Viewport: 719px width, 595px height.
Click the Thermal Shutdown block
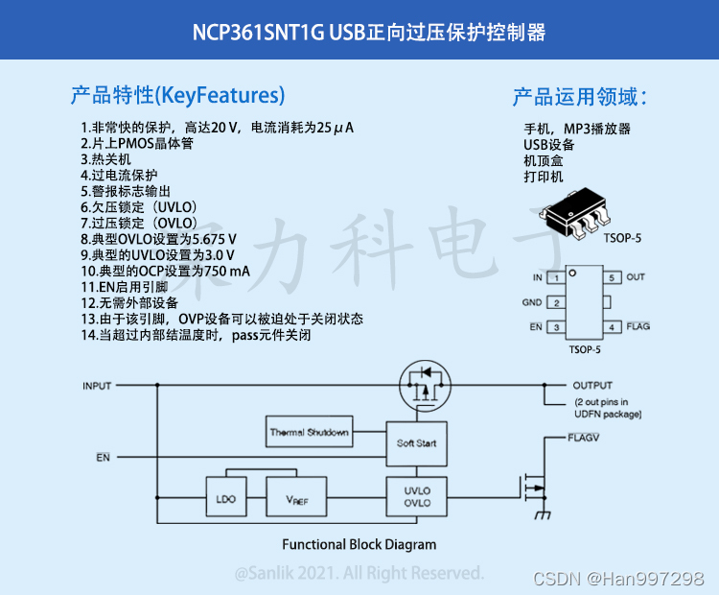(309, 432)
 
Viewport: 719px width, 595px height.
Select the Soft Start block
(416, 443)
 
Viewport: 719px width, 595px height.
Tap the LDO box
(226, 499)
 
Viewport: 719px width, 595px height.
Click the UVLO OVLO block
(417, 497)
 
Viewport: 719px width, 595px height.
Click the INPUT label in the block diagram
(97, 386)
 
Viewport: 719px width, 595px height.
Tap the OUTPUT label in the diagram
(592, 386)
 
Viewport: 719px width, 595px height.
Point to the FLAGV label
(583, 437)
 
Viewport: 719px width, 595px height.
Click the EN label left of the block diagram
(103, 457)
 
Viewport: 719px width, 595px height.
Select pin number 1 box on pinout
(555, 277)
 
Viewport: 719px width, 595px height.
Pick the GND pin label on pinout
(532, 302)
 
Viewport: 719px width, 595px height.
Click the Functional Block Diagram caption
(359, 544)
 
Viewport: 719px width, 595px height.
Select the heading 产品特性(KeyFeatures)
(177, 95)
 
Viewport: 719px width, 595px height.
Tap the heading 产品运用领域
(579, 97)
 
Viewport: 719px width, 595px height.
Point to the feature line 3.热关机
(105, 159)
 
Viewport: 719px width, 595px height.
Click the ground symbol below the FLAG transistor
(544, 515)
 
